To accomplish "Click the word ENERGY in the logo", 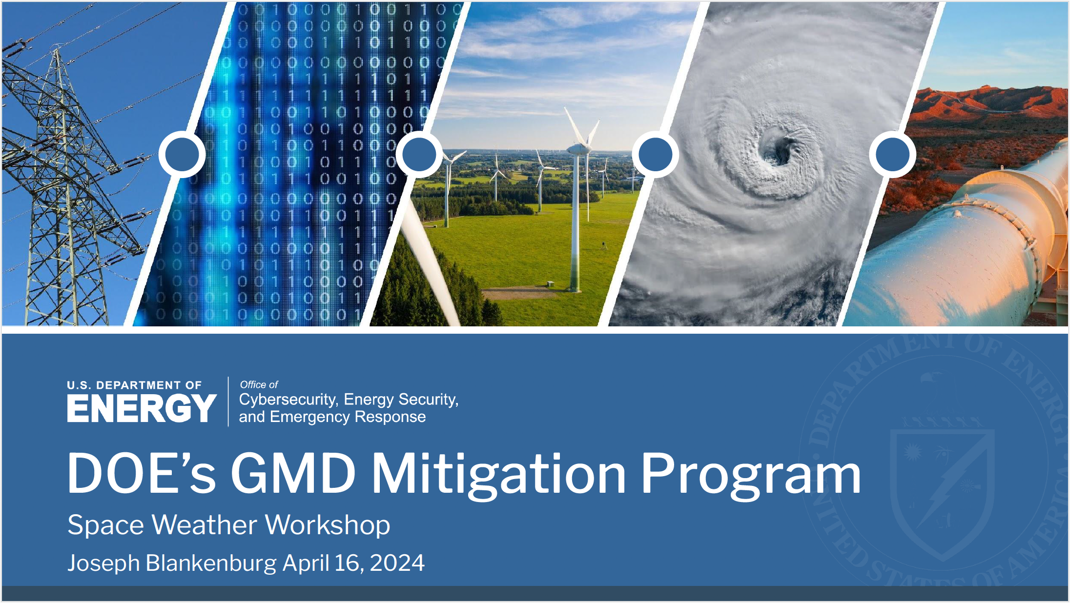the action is [142, 408].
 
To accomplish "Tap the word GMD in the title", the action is [293, 473].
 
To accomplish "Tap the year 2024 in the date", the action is [397, 563].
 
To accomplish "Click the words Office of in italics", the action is [259, 384].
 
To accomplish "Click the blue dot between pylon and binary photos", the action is [182, 154].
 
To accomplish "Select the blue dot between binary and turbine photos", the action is [419, 154].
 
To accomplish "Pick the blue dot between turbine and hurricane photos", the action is [656, 154].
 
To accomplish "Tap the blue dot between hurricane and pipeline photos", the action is [893, 154].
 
